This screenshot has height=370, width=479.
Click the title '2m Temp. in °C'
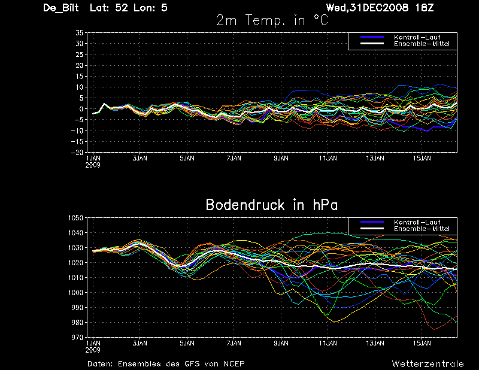click(x=272, y=20)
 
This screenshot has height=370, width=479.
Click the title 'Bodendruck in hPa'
click(x=271, y=205)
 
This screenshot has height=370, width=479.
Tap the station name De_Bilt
click(x=62, y=8)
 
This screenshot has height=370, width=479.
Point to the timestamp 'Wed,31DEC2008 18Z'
click(x=389, y=8)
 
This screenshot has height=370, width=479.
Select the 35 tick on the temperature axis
click(x=78, y=33)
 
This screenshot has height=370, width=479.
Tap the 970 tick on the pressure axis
click(x=77, y=338)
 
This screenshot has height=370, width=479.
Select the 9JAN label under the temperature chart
click(x=281, y=159)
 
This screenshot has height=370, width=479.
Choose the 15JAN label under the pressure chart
click(x=422, y=344)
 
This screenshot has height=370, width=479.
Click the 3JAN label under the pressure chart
click(x=140, y=344)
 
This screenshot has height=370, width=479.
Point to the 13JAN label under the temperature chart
click(x=375, y=159)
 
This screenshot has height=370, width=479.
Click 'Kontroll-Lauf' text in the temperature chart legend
click(x=414, y=37)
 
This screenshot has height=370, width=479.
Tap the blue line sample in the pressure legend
click(x=371, y=222)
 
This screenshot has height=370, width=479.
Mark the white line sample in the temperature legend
click(x=371, y=44)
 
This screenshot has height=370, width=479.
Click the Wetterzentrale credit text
click(x=428, y=363)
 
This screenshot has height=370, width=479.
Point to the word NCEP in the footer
click(x=232, y=363)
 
